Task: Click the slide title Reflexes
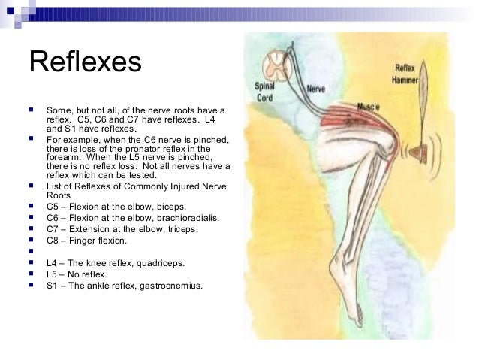[85, 62]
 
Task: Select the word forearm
[62, 157]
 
